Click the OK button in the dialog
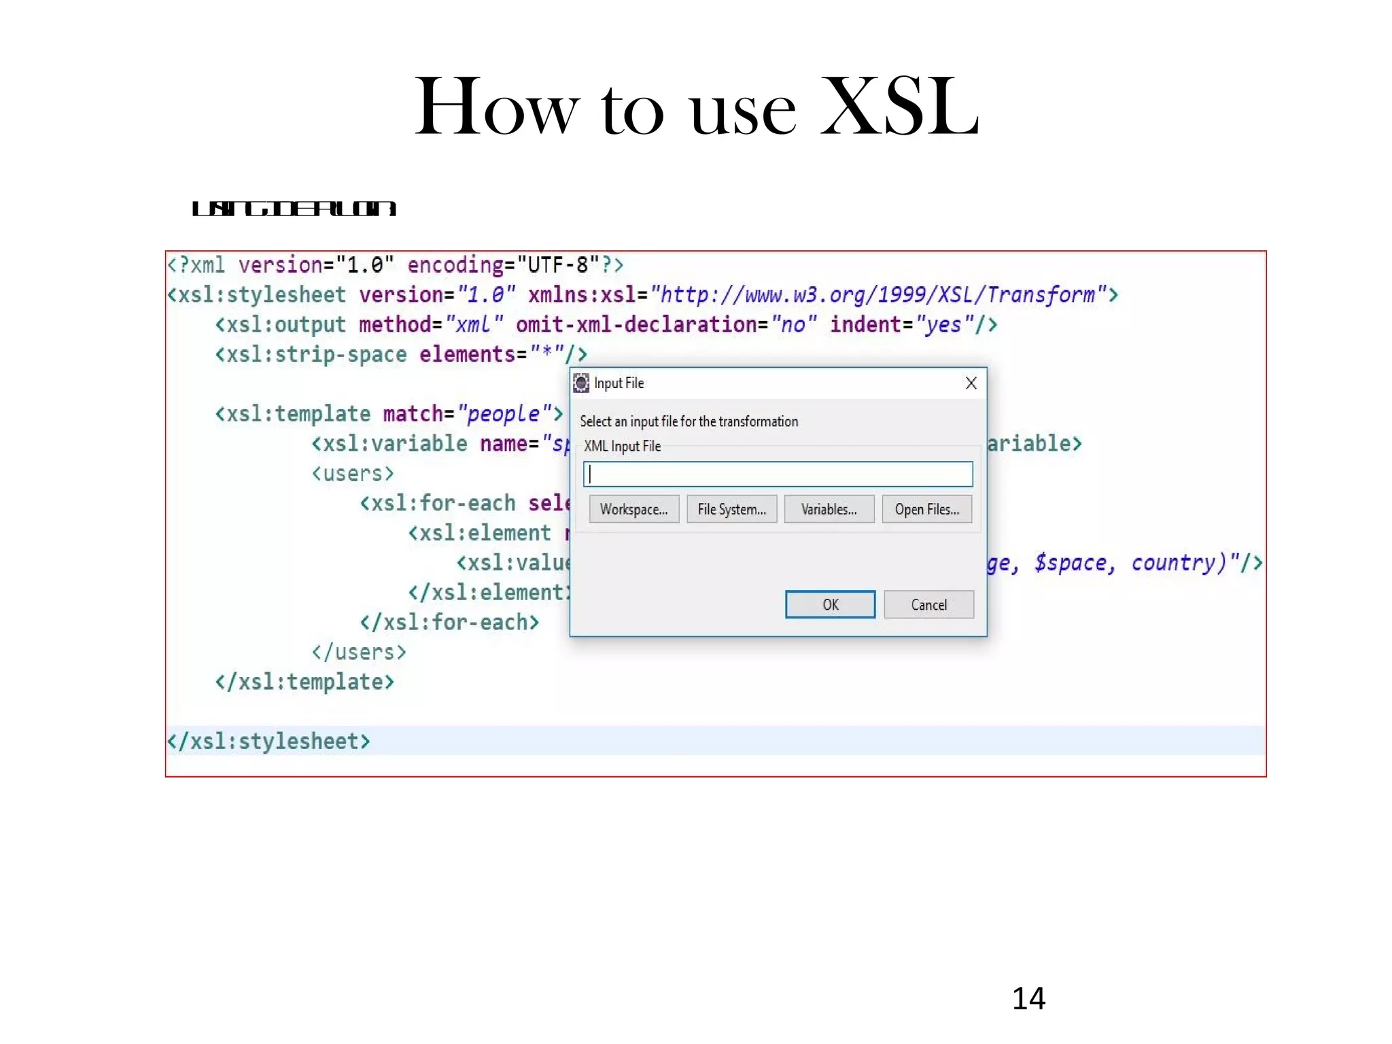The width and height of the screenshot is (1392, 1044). [x=830, y=604]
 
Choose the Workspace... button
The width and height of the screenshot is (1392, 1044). [x=633, y=509]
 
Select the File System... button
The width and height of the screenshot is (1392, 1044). [x=731, y=509]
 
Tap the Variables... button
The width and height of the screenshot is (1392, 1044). [x=829, y=509]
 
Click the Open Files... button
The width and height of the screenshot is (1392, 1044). [x=926, y=509]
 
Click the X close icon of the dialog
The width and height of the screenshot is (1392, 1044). [x=971, y=383]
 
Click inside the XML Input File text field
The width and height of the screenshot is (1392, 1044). [x=778, y=474]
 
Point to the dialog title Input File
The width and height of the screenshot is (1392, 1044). [x=619, y=383]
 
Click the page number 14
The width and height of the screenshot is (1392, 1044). [x=1028, y=998]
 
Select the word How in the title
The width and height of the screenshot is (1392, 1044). [x=497, y=107]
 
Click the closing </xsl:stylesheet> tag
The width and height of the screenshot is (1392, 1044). [x=269, y=741]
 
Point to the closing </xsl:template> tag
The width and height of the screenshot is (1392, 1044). [x=304, y=682]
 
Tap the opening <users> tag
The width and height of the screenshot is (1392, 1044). [x=353, y=473]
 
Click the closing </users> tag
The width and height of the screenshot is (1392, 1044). [x=359, y=652]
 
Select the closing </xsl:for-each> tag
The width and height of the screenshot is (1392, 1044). [x=449, y=622]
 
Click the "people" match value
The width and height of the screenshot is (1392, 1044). [x=504, y=413]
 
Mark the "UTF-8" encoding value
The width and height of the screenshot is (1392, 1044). [x=558, y=264]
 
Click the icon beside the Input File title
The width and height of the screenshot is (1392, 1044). [x=581, y=383]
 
